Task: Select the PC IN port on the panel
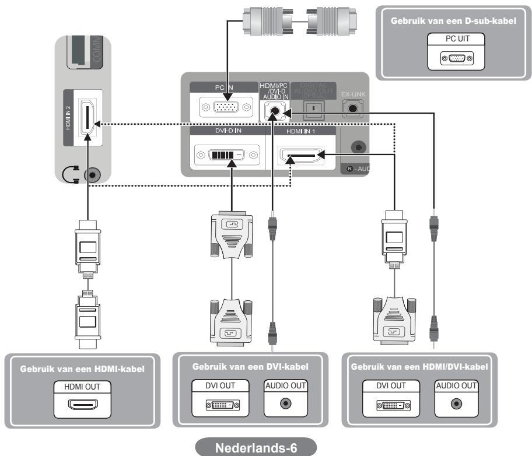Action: (x=222, y=108)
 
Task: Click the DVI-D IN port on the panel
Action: (x=228, y=156)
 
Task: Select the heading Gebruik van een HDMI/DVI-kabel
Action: (x=419, y=367)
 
